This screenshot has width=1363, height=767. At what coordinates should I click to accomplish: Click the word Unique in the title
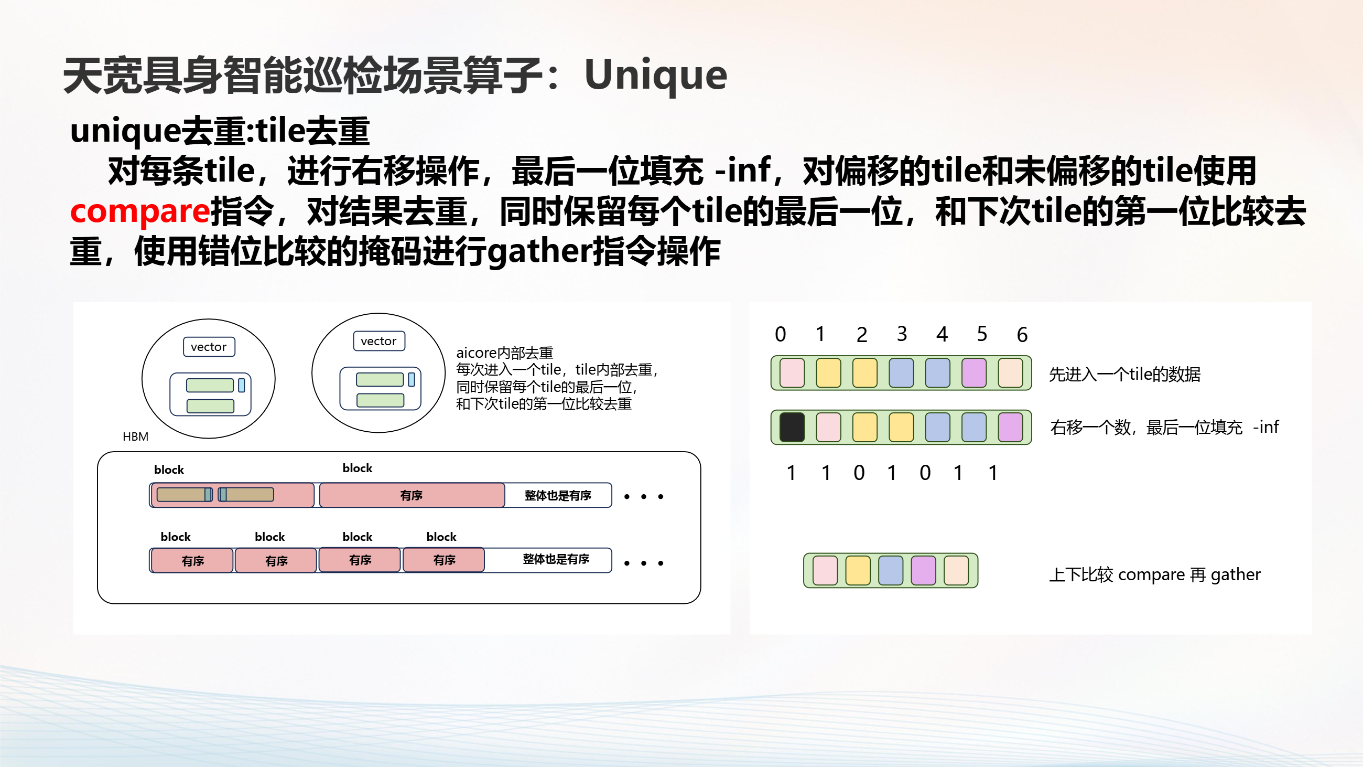656,76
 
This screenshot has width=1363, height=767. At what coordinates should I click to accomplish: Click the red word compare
140,211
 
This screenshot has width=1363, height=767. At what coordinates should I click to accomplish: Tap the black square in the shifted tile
792,427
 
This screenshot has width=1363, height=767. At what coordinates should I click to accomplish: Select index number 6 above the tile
1022,335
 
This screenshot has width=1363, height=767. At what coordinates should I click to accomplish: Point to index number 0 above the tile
781,335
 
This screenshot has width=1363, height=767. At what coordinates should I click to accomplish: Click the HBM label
135,436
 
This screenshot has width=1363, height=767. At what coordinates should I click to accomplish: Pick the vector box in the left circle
209,347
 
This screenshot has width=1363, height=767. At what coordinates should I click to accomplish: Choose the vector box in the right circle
379,341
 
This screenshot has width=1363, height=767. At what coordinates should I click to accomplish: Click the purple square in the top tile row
973,373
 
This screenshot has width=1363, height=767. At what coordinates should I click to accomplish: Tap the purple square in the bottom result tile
923,571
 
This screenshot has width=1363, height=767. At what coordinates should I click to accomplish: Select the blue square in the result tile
891,571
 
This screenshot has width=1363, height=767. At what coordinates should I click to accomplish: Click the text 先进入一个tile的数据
1124,374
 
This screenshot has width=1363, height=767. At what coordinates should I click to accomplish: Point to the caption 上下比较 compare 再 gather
1155,574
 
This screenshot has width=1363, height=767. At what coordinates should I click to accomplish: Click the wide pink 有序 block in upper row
412,495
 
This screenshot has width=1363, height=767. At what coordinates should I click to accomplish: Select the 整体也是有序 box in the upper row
558,495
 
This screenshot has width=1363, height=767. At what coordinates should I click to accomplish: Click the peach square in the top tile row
1010,373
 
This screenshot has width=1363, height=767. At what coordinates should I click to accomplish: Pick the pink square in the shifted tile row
829,427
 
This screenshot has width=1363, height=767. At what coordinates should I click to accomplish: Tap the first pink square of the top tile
792,373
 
